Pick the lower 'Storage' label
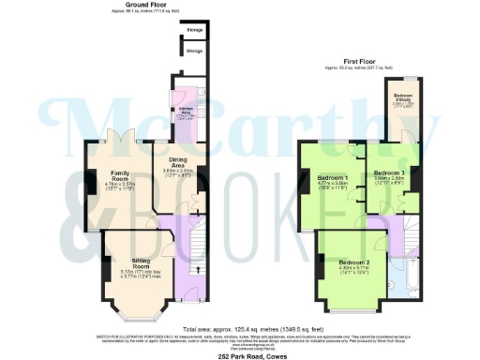(194, 51)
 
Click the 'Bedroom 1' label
(334, 178)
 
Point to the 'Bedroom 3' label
(389, 173)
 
